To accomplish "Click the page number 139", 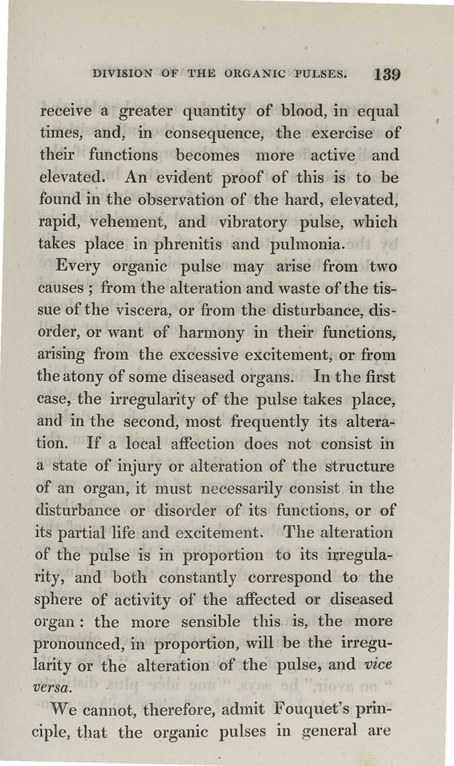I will (x=388, y=74).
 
